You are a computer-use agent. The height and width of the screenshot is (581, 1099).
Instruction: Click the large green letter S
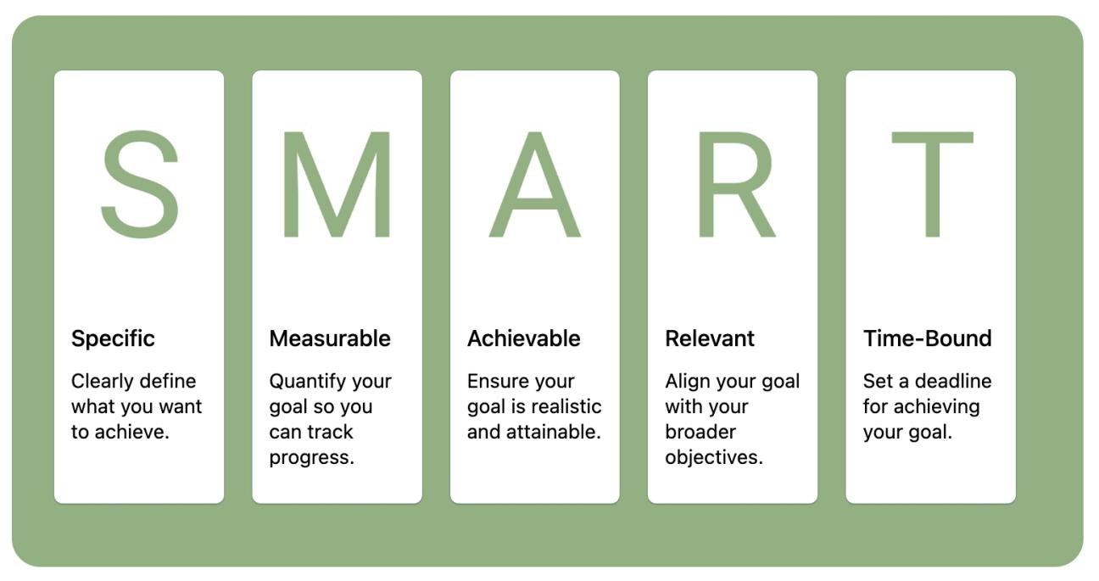140,185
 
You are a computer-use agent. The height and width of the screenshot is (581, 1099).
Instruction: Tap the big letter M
337,185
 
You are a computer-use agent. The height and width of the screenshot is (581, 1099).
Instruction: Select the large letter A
534,185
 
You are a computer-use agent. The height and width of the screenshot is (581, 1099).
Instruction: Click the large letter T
931,185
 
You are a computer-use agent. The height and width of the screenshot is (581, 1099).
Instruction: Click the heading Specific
113,338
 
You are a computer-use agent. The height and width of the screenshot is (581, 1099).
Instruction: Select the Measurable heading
330,338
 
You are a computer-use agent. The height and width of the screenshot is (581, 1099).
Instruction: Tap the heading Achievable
523,338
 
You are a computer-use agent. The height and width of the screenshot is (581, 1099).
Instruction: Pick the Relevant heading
710,338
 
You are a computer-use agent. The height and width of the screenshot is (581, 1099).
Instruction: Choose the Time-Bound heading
927,338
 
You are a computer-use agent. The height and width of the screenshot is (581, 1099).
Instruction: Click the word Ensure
494,381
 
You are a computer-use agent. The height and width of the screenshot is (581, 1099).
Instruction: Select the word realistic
567,406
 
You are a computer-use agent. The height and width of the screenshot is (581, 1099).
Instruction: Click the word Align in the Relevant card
684,381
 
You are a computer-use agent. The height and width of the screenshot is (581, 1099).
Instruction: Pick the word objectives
713,458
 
